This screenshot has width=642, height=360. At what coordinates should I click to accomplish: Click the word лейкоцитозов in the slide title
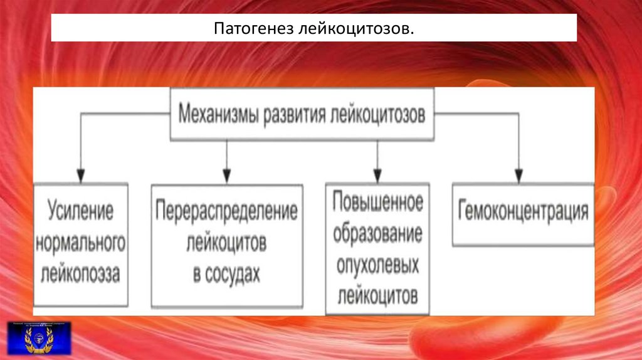tap(346, 28)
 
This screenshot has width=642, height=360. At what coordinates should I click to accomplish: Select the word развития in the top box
tap(295, 115)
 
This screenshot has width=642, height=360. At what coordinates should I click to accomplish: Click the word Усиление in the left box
tap(80, 211)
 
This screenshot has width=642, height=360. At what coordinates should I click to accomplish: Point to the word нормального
tap(80, 242)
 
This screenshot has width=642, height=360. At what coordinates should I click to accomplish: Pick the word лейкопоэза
tap(80, 273)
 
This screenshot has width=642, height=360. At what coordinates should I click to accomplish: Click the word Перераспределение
tap(227, 211)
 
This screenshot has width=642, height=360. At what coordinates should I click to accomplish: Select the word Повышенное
tap(377, 203)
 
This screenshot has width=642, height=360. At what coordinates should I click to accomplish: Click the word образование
tap(377, 234)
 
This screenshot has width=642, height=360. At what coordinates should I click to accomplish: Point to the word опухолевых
tap(377, 265)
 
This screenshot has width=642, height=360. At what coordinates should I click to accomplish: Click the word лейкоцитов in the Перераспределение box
tap(227, 242)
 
